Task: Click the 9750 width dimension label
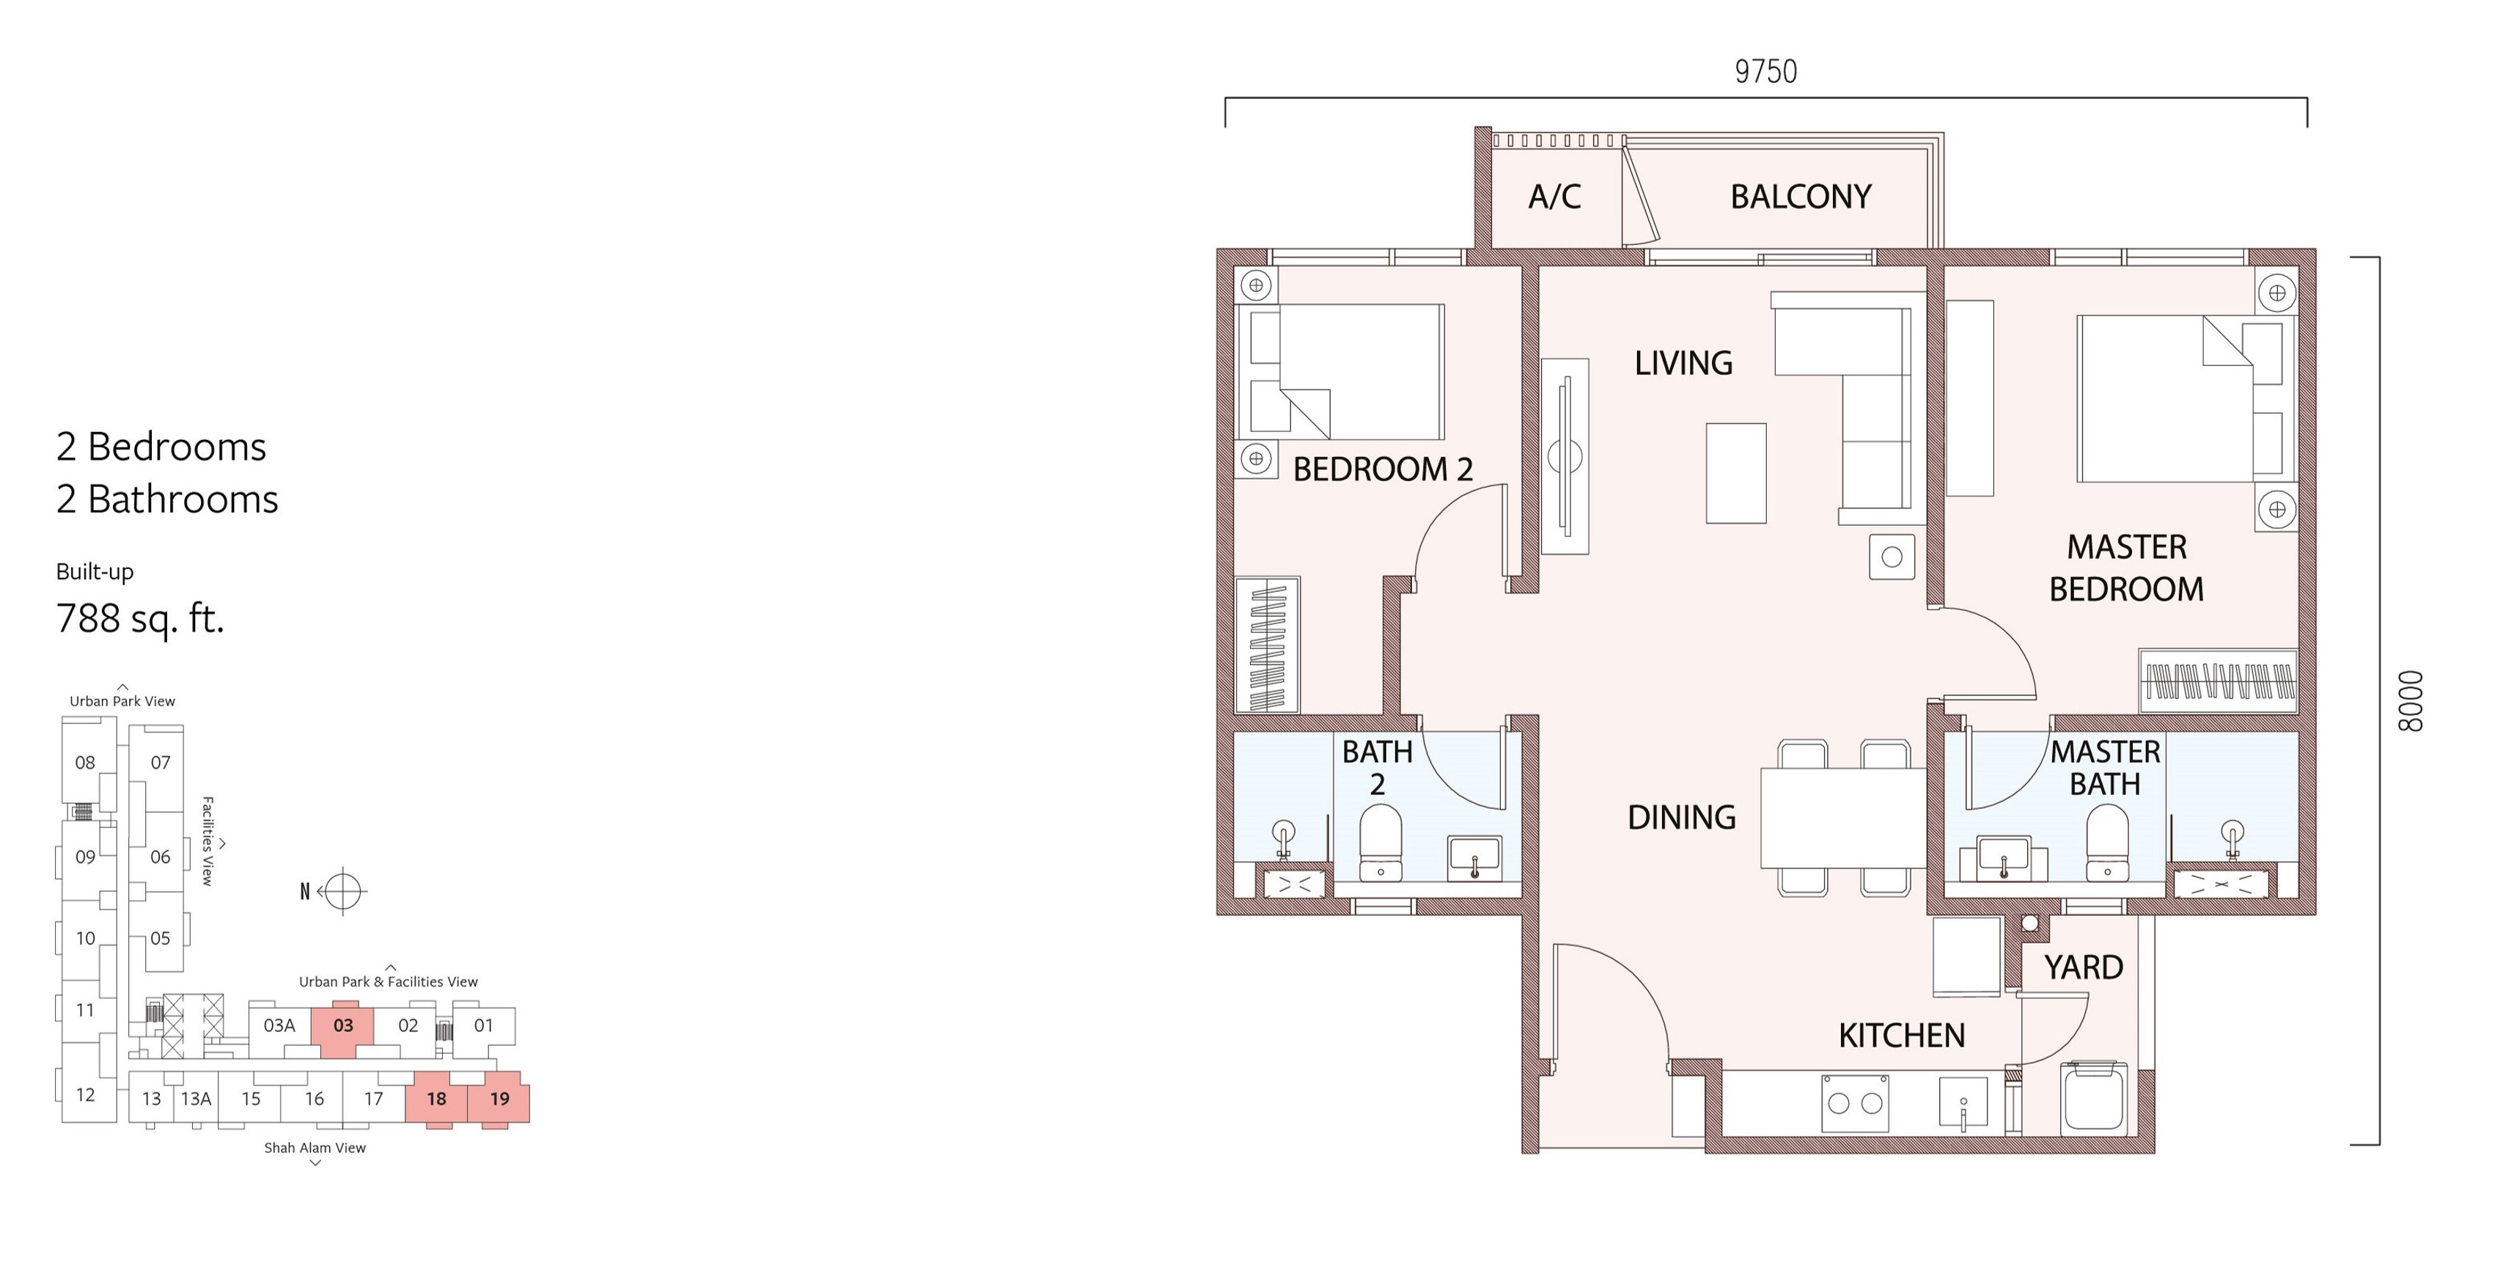(1765, 71)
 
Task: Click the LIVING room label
(1683, 363)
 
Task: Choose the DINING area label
(1682, 817)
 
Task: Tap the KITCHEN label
(1901, 1036)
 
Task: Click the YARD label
(2084, 967)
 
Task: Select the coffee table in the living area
(1736, 473)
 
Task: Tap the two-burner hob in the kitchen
(1855, 1103)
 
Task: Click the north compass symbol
(341, 890)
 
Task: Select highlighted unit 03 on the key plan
(342, 1030)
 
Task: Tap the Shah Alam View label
(315, 1148)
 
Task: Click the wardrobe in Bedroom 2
(1268, 645)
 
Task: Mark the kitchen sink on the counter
(1963, 1105)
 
